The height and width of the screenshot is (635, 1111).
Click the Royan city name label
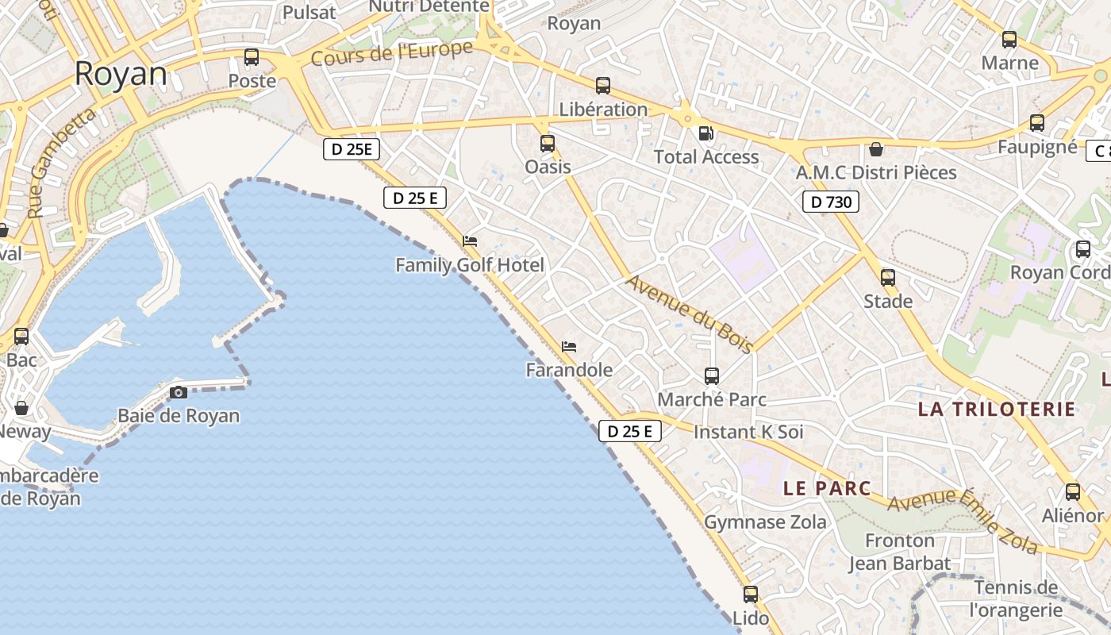point(121,74)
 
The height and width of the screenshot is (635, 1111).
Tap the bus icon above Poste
point(252,57)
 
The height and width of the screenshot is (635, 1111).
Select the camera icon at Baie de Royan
point(179,392)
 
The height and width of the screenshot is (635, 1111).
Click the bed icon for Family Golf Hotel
point(470,241)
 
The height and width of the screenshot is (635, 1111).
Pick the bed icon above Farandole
point(569,347)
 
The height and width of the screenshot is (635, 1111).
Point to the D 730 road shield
point(831,202)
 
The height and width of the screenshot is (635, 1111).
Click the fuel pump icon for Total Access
point(705,133)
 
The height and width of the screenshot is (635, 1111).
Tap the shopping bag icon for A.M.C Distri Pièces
point(876,149)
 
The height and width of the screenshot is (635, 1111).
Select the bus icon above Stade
point(888,278)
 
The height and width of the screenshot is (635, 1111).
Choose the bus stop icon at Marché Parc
point(712,376)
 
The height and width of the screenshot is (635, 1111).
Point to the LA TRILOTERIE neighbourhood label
point(997,410)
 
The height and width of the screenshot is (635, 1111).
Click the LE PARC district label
point(827,488)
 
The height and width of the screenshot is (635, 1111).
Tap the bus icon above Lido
point(751,595)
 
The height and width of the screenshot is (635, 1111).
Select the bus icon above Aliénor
point(1073,492)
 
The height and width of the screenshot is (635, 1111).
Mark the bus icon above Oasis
point(548,144)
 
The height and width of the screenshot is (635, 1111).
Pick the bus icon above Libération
point(603,86)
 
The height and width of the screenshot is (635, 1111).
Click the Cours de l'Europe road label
point(392,54)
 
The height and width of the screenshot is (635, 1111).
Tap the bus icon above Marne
point(1009,40)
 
